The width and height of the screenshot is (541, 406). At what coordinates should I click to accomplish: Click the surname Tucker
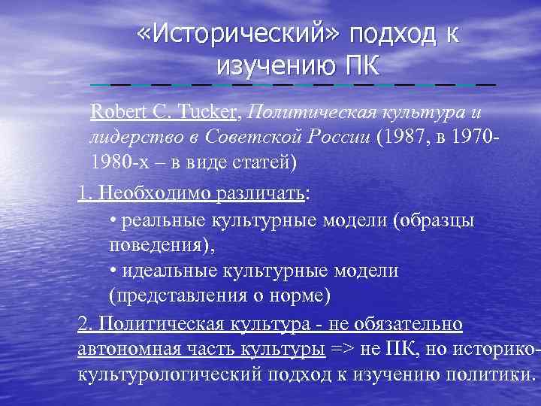click(208, 113)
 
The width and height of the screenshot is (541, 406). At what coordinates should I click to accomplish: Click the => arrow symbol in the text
click(344, 349)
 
